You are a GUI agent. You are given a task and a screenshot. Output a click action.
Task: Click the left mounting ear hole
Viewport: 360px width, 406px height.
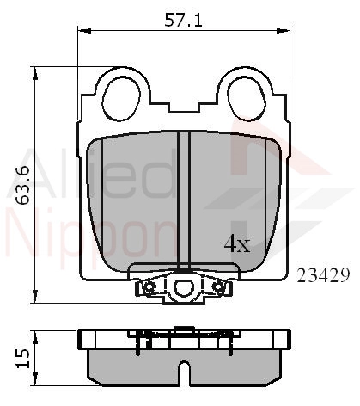point(119,96)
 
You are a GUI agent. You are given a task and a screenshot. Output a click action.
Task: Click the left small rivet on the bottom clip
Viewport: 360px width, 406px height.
point(149,286)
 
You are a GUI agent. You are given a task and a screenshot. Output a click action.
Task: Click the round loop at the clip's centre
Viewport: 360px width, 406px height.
point(182,286)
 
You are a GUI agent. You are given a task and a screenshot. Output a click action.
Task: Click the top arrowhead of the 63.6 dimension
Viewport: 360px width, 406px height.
point(36,74)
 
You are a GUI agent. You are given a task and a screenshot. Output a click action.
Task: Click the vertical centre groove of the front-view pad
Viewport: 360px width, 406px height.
point(182,198)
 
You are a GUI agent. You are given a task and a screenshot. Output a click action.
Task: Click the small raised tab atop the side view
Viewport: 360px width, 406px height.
point(182,329)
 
